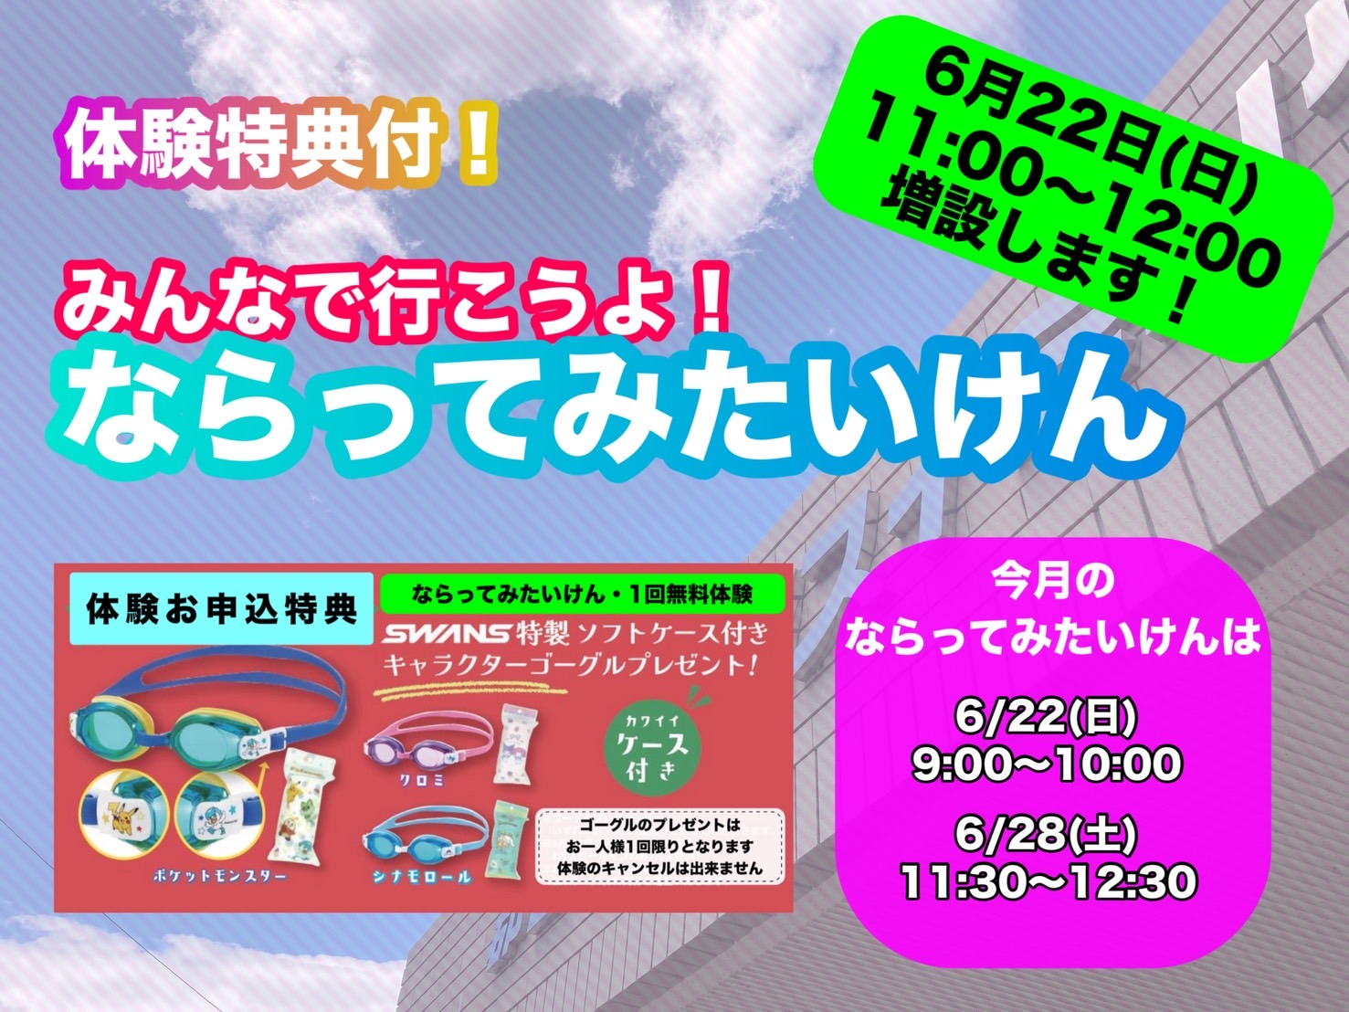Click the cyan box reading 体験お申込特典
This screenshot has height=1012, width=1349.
[x=222, y=608]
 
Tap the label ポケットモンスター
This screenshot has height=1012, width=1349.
[x=219, y=877]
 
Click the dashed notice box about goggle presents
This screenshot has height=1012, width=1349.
[x=659, y=847]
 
